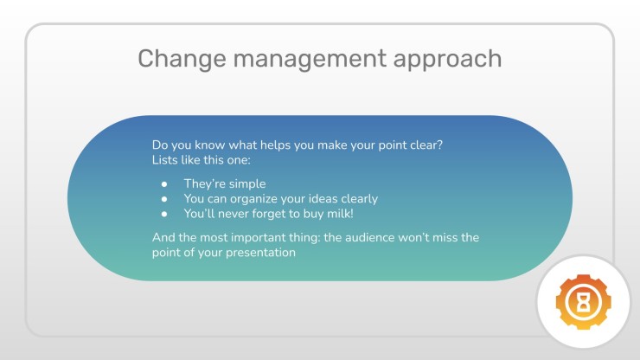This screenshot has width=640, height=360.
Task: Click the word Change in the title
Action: point(182,59)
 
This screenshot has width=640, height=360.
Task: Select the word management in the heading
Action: point(310,59)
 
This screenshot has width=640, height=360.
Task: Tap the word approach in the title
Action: point(447,59)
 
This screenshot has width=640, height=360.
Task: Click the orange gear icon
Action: point(583,302)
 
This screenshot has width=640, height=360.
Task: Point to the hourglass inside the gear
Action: point(584,302)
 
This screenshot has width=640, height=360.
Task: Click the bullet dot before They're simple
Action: point(164,184)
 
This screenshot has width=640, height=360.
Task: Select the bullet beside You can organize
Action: point(164,199)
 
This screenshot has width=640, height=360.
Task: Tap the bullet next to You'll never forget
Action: point(164,214)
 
